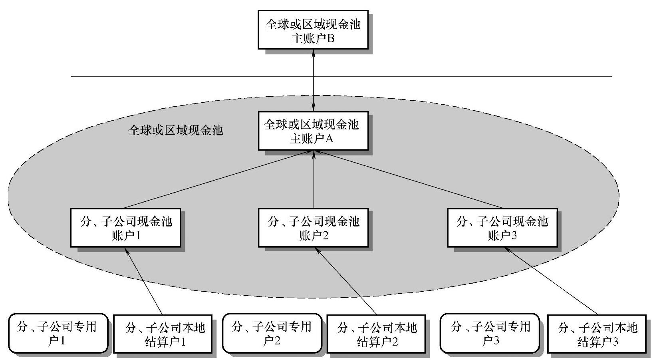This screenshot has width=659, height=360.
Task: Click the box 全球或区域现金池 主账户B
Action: click(313, 30)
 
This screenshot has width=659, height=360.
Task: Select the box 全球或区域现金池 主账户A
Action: click(313, 131)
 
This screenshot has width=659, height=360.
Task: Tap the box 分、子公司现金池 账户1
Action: click(126, 228)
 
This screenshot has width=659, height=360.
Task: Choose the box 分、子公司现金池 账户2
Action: click(313, 228)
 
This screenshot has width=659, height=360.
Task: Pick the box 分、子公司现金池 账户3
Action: click(502, 228)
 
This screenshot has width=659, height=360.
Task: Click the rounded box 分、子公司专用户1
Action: click(58, 333)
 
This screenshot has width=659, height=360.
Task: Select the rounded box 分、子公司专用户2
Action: click(272, 333)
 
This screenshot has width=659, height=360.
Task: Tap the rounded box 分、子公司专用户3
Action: click(490, 333)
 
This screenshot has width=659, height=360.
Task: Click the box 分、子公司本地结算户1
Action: click(163, 334)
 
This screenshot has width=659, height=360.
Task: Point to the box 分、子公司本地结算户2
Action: click(376, 334)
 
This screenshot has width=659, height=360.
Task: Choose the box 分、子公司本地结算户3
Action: click(597, 334)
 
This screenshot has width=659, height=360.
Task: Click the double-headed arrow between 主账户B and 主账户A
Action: click(314, 80)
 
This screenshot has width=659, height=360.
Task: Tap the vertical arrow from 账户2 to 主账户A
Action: click(314, 180)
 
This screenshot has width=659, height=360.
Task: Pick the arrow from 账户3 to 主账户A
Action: click(407, 179)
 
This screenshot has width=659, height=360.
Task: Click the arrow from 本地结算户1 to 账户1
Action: click(144, 282)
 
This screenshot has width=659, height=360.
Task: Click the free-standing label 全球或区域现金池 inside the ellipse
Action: click(176, 130)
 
